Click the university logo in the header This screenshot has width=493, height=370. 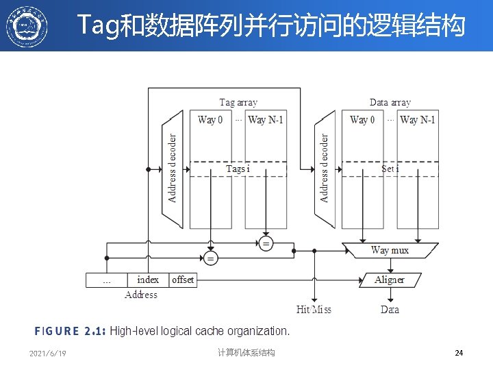coord(27,26)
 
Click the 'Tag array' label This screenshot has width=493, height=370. coord(238,103)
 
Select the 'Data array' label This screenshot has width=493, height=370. coord(390,103)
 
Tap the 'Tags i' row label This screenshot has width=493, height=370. coord(238,169)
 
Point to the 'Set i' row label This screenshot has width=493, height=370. coord(390,169)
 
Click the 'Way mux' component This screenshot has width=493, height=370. coord(390,251)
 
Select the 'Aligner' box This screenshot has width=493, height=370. coord(390,280)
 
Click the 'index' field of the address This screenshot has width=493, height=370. coord(148,280)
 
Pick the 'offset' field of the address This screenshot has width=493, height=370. coord(183,280)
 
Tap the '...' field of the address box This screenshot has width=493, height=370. coord(107,280)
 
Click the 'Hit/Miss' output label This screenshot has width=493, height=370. coord(314,310)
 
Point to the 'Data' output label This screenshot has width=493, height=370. coord(390,310)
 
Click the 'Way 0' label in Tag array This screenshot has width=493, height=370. coord(210,120)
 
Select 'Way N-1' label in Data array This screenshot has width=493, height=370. coord(418,120)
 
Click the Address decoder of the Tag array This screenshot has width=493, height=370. coord(173,169)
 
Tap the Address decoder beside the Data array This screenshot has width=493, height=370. coord(325,169)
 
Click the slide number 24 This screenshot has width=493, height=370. coord(459,353)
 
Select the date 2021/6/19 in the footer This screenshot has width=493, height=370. coord(48,353)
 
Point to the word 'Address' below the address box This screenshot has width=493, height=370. coord(141,295)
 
